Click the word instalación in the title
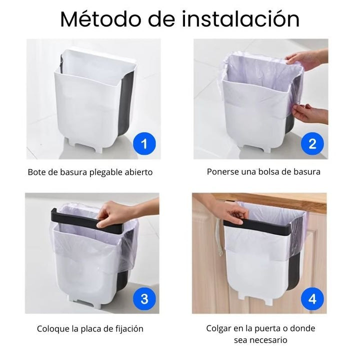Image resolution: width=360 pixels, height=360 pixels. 240,19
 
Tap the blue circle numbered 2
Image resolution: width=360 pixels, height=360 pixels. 312,144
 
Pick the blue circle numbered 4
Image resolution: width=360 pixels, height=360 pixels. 312,299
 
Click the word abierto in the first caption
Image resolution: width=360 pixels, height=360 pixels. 137,172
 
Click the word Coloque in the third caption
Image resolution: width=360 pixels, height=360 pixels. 52,329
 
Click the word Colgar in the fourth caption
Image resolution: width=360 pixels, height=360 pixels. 218,328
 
